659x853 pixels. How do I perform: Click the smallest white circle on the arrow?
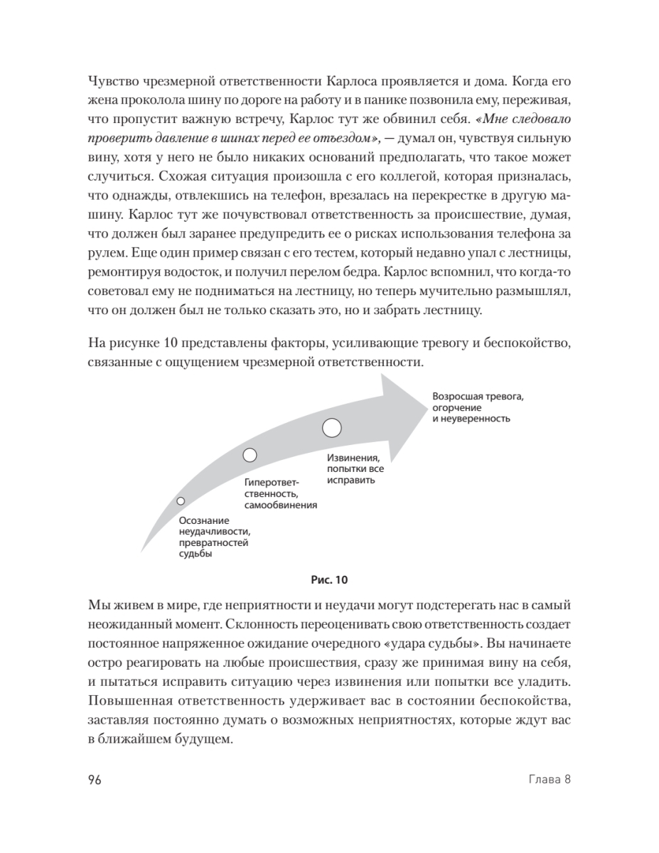click(x=181, y=501)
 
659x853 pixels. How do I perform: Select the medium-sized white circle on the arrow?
click(x=250, y=455)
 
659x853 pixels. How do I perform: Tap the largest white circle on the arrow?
click(x=332, y=428)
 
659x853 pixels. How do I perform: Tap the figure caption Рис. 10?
click(x=329, y=579)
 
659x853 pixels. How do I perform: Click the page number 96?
click(x=95, y=779)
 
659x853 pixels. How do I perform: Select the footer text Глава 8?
click(x=551, y=779)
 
